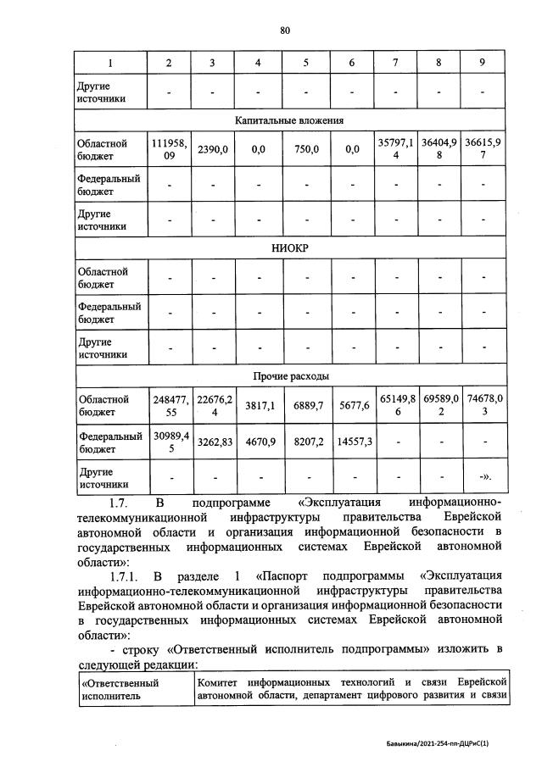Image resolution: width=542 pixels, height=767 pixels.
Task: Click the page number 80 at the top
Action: coord(285,31)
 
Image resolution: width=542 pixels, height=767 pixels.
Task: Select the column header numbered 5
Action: coord(305,64)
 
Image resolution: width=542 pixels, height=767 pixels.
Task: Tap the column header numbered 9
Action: coord(482,64)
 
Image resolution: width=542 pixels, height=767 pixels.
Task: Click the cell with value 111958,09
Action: coord(168,150)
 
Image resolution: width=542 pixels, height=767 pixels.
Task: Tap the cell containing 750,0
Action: coord(305,150)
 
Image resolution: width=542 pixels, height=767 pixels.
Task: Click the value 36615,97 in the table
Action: coord(482,150)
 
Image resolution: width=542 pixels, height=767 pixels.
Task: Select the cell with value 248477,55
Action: coord(168,405)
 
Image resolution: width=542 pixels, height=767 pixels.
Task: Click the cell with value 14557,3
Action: coord(350,442)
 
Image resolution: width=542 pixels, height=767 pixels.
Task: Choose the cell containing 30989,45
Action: coord(168,442)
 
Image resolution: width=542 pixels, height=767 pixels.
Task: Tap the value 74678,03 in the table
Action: coord(482,405)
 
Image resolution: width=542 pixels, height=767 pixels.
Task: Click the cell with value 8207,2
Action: coord(305,442)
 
